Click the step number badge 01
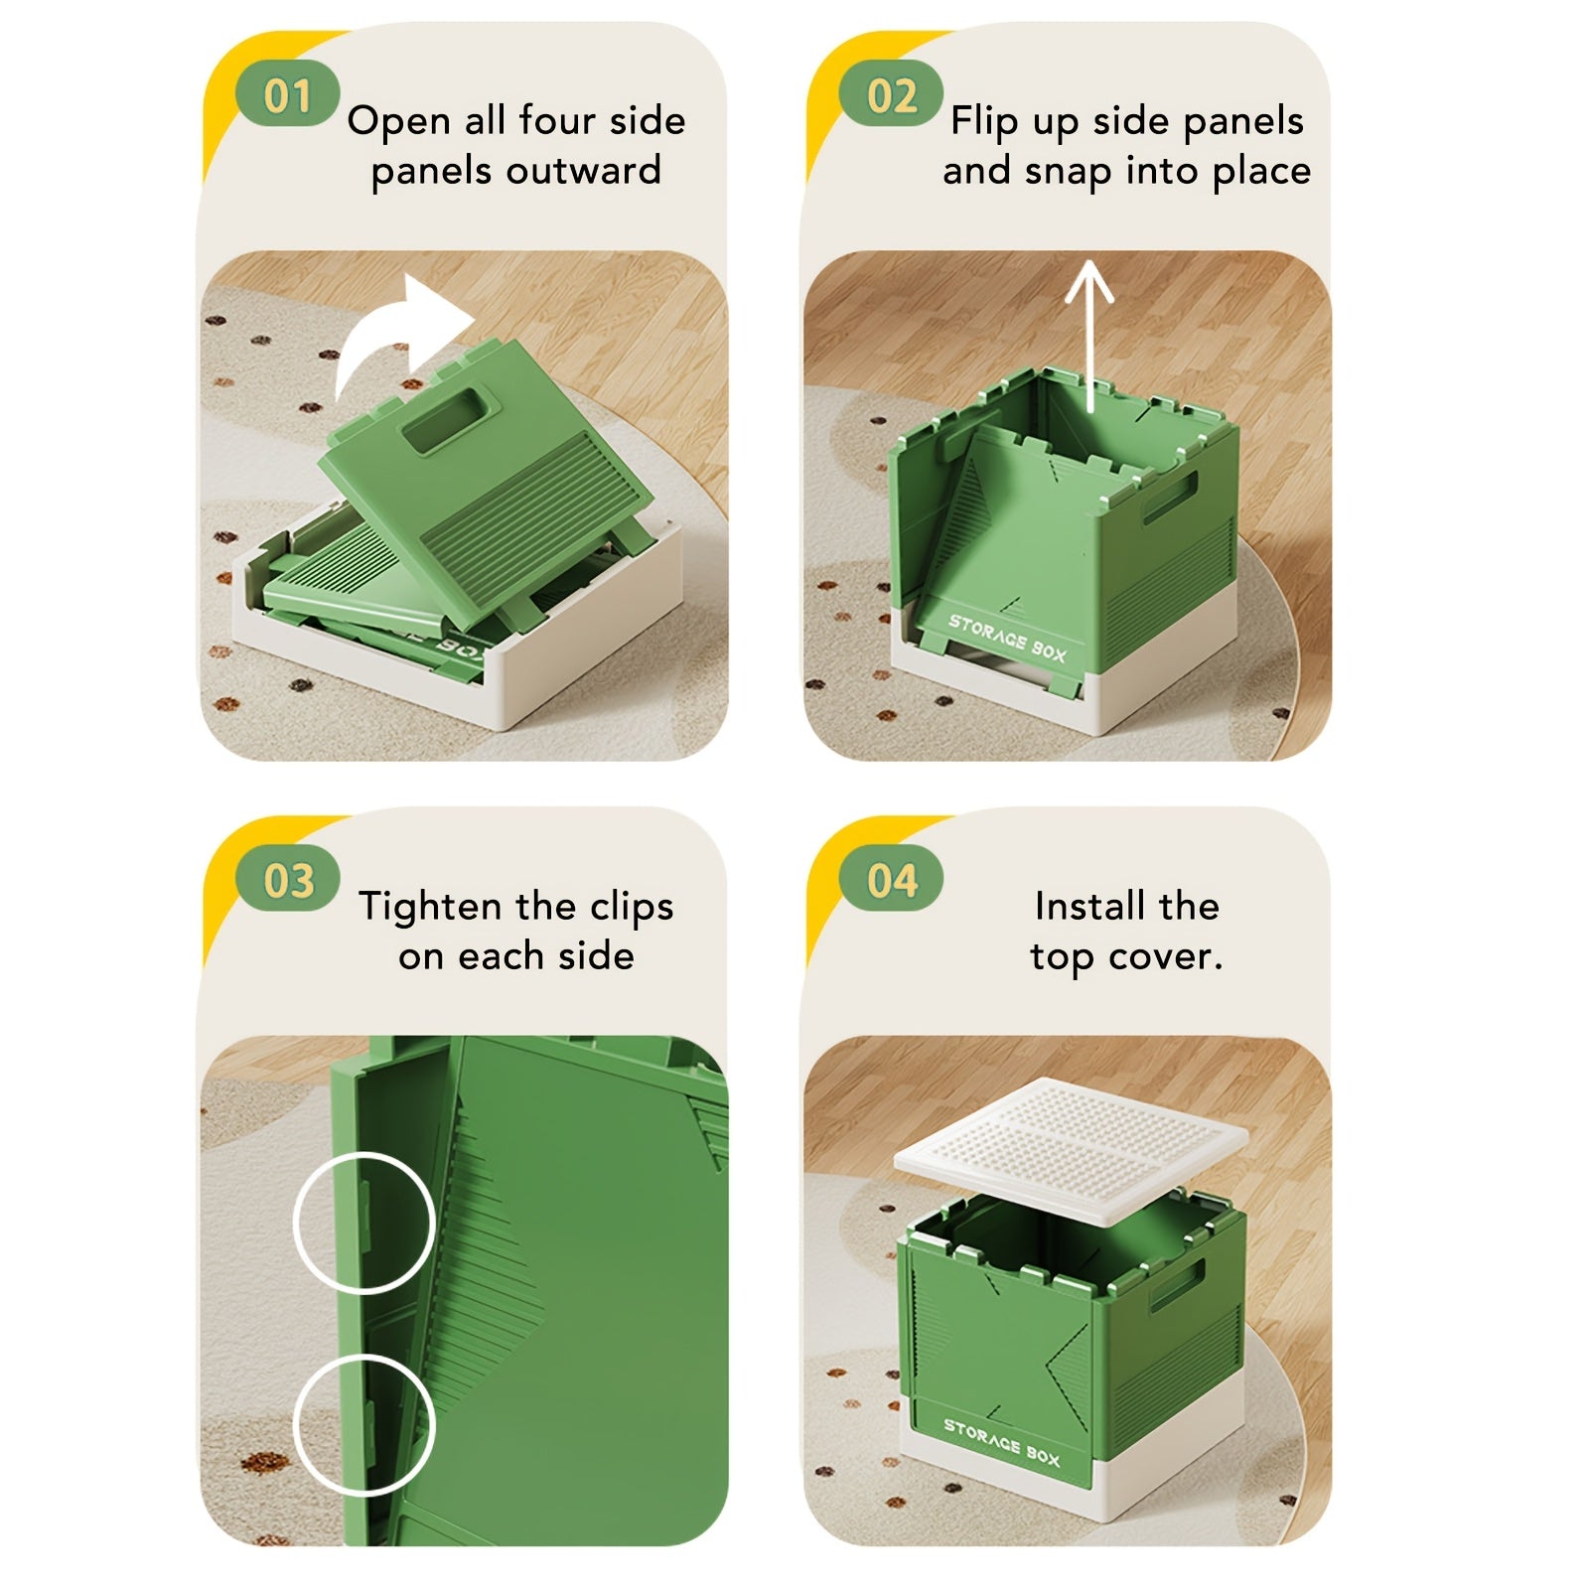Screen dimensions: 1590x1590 288,95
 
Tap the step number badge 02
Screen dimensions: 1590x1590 891,95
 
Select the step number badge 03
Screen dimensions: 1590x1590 288,880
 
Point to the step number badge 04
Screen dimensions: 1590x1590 891,880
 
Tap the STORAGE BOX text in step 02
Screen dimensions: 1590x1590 1006,638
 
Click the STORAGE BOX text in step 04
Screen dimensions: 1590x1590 1001,1441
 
